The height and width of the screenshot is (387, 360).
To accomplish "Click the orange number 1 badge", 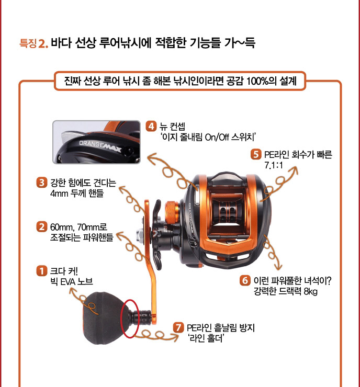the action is point(41,271).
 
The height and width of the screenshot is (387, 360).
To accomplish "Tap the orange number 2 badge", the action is point(41,226).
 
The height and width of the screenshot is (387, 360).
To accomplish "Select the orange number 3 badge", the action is point(41,183).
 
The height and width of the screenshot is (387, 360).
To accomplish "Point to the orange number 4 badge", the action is point(151,126).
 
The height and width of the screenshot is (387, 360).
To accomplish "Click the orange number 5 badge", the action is point(256,154).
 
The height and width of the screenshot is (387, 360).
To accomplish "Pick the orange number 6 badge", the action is point(245,280).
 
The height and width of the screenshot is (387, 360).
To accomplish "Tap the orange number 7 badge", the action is point(178,327).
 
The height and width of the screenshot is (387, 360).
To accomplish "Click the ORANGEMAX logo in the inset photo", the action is point(100,146).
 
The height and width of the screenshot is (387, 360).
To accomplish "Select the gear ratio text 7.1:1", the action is point(274,165).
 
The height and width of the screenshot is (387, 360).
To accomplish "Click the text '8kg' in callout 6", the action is point(310,291).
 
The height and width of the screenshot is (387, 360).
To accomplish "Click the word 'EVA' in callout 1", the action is point(67,281).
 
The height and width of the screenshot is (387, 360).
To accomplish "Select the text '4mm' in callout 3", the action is point(59,193).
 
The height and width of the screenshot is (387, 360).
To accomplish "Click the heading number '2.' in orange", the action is point(43,44).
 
